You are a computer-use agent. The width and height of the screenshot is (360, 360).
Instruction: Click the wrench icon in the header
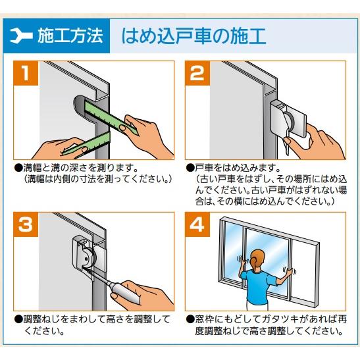click(x=23, y=35)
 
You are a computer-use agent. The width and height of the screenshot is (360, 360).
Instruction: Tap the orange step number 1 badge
click(x=26, y=74)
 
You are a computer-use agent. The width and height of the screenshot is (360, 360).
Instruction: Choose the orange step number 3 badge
click(x=26, y=225)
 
